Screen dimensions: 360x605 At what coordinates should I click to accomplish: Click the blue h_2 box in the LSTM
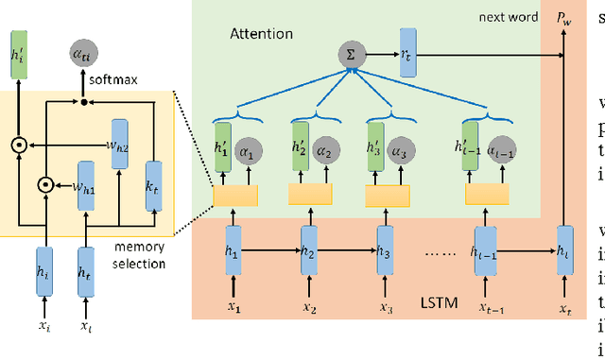[307, 226]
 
